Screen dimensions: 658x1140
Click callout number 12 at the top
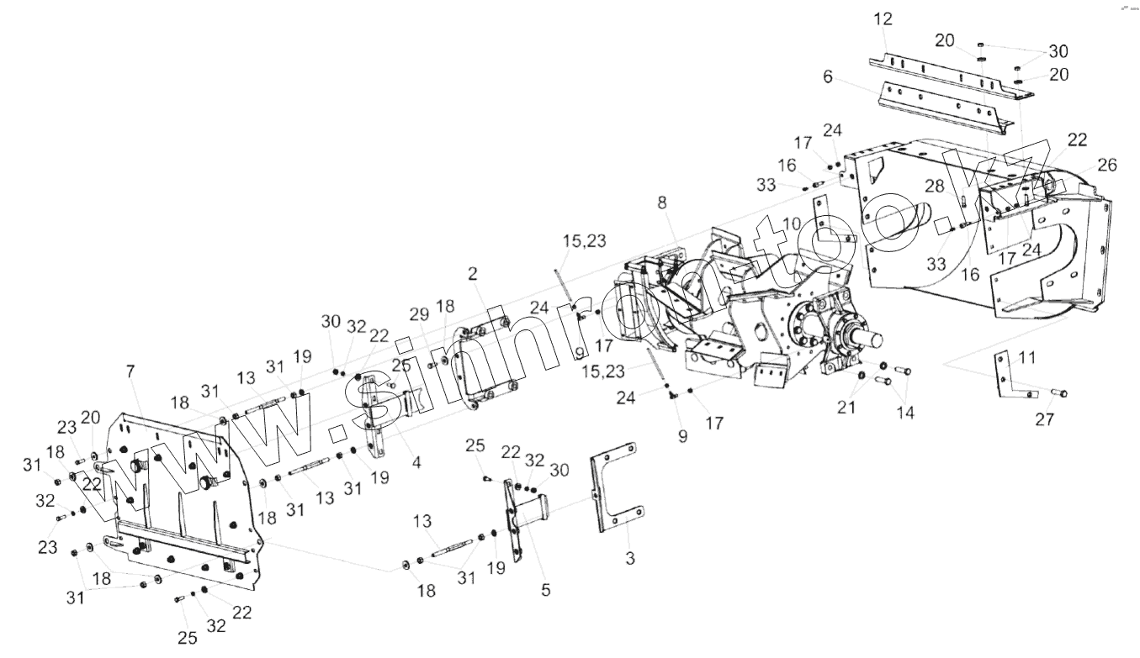pyautogui.click(x=883, y=19)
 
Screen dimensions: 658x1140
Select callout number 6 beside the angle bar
pyautogui.click(x=828, y=76)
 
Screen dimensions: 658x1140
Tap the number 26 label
pyautogui.click(x=1106, y=166)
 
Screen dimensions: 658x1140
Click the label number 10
pyautogui.click(x=791, y=223)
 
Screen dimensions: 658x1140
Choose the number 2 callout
pyautogui.click(x=473, y=273)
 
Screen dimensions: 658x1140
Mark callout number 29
pyautogui.click(x=420, y=313)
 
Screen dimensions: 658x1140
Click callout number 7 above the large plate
pyautogui.click(x=130, y=371)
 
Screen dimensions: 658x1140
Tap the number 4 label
pyautogui.click(x=416, y=461)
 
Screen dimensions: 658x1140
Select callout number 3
pyautogui.click(x=631, y=557)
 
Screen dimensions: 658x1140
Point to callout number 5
pyautogui.click(x=545, y=590)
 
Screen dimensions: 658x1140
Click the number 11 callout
pyautogui.click(x=1026, y=358)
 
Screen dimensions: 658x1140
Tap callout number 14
pyautogui.click(x=906, y=413)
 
